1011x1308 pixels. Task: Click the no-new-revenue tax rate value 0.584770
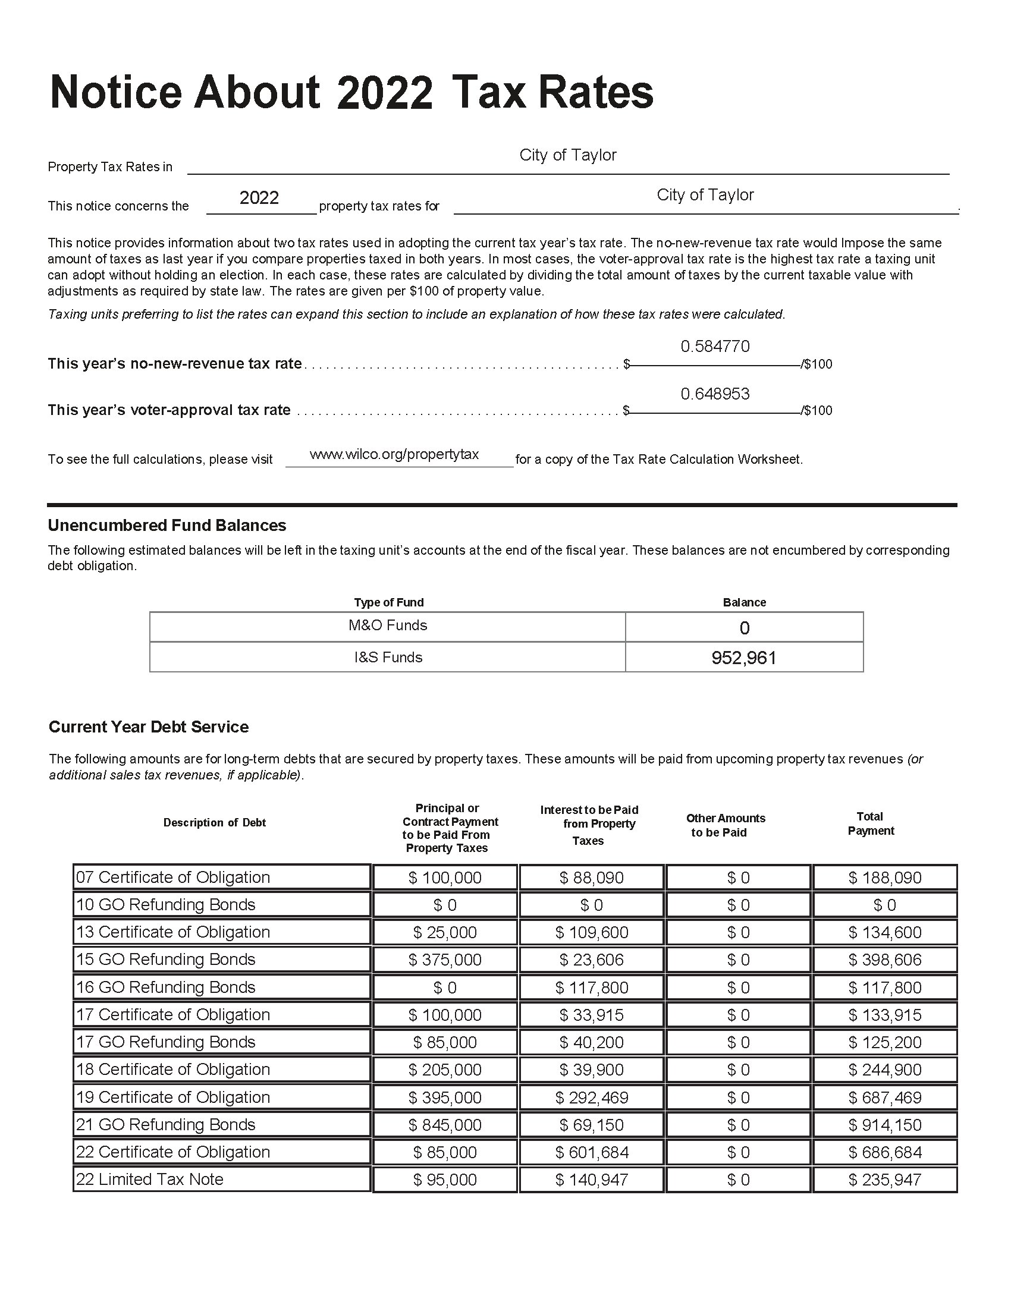[714, 346]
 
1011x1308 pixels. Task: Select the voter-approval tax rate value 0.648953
[714, 394]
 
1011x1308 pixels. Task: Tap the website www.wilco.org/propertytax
[394, 454]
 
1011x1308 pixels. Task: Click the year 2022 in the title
[384, 93]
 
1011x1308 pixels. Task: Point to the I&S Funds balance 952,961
[744, 658]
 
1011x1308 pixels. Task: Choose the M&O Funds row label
[388, 625]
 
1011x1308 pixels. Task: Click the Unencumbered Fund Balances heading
[167, 525]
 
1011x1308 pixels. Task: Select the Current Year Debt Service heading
[149, 727]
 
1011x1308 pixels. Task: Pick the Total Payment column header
[870, 823]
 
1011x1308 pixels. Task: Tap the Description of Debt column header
[215, 822]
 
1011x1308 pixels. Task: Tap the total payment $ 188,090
[885, 878]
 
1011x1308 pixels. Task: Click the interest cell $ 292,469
[591, 1097]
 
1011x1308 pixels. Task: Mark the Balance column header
[744, 602]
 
